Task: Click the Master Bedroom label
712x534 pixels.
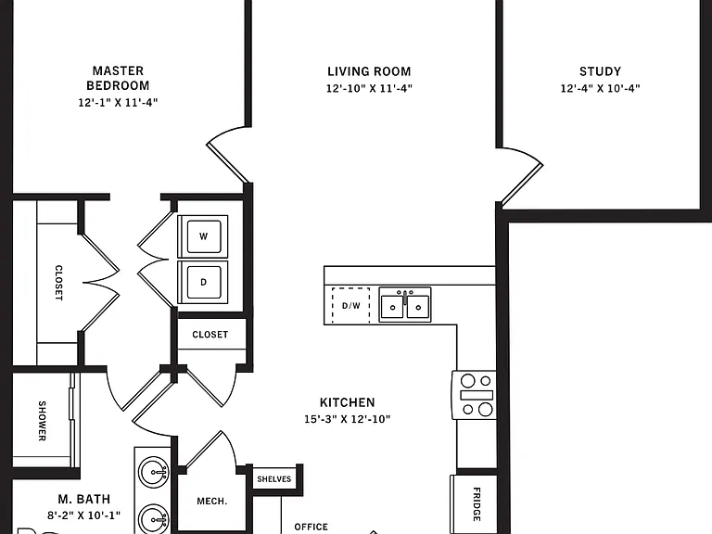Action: click(x=118, y=78)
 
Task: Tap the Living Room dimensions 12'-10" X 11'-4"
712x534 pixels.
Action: click(x=369, y=88)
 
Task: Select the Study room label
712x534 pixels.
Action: click(x=601, y=71)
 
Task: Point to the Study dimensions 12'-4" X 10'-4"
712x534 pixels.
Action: click(x=601, y=88)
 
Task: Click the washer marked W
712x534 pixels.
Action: click(x=203, y=236)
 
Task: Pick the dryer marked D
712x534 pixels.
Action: click(x=203, y=282)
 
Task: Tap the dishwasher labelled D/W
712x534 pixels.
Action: click(x=350, y=306)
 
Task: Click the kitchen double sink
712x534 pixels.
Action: click(x=405, y=305)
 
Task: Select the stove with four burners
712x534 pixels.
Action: click(x=474, y=395)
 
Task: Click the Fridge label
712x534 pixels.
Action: click(x=477, y=504)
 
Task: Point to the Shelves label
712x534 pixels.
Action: click(x=273, y=479)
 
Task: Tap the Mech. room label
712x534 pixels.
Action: click(x=211, y=502)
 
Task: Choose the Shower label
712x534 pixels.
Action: click(x=42, y=421)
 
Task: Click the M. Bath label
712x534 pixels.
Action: click(x=84, y=499)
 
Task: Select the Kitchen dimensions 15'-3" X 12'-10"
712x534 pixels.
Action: click(x=348, y=419)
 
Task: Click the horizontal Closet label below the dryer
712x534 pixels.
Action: click(x=210, y=335)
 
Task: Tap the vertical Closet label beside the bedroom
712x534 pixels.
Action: click(x=58, y=283)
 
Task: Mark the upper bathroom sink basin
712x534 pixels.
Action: click(x=154, y=472)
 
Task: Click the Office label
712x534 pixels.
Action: click(x=311, y=527)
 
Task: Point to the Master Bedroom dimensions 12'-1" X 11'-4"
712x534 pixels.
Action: click(x=118, y=102)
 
